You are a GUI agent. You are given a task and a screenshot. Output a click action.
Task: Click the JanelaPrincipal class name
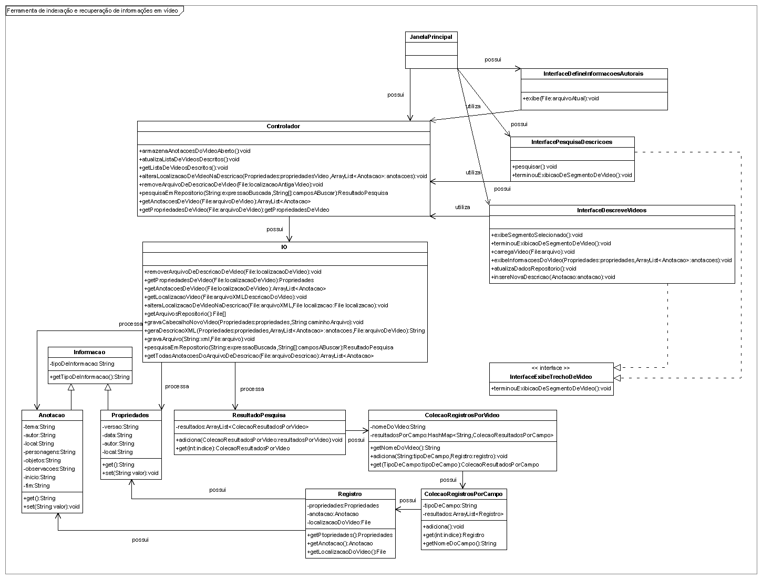point(431,37)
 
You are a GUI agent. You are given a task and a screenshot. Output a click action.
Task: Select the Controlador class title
point(283,126)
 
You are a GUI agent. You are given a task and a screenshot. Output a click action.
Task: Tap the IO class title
point(284,247)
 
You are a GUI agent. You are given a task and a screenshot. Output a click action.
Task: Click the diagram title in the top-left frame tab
point(92,11)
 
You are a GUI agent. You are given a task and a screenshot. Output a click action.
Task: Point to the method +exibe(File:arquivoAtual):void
point(561,98)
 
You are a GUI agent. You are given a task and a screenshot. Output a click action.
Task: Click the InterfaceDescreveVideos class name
point(612,210)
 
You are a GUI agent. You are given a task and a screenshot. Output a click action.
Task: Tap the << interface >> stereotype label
point(551,368)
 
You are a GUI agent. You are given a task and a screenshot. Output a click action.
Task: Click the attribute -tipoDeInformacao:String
point(82,364)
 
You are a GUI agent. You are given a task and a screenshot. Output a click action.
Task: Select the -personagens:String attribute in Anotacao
point(49,452)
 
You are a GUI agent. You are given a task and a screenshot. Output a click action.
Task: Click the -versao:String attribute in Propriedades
point(120,427)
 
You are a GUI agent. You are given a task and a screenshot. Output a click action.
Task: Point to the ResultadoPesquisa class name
point(259,415)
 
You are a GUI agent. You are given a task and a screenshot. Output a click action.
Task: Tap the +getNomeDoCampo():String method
point(460,543)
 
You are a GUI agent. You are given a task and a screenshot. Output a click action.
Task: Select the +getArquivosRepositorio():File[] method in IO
point(185,314)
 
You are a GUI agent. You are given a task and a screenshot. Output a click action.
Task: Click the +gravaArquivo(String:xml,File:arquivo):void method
point(199,339)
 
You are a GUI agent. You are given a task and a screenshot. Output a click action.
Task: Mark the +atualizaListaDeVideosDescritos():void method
point(189,159)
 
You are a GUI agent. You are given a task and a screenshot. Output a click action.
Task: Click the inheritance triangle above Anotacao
point(71,387)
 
